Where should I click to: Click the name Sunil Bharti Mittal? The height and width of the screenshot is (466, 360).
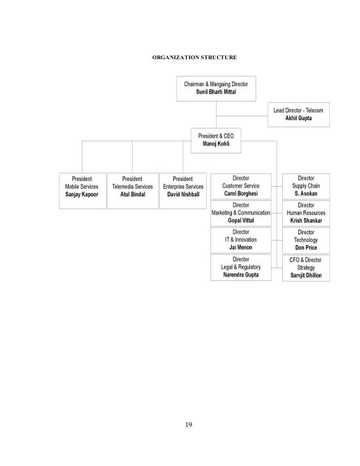(216, 92)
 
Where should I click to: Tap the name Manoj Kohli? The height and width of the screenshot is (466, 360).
(219, 144)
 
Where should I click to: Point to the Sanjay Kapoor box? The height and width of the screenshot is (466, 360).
(82, 190)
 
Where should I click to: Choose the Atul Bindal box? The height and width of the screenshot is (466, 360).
(133, 190)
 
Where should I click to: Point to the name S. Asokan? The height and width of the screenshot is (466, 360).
(306, 194)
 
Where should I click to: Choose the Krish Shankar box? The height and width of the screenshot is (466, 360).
(306, 212)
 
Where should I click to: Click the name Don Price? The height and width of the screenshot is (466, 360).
(306, 247)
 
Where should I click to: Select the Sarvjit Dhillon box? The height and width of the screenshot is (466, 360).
(306, 267)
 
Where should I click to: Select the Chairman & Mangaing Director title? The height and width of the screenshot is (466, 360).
(216, 83)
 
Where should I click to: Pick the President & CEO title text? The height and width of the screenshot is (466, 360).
(219, 136)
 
